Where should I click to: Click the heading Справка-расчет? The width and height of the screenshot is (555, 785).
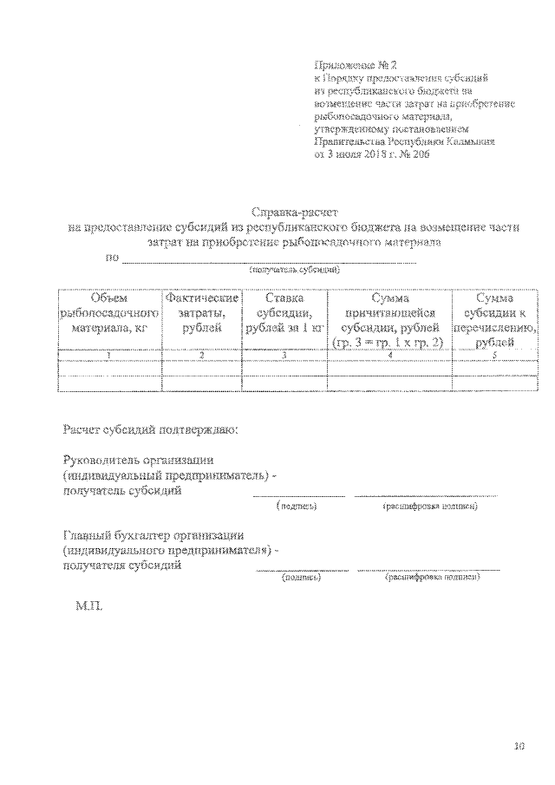[x=294, y=212]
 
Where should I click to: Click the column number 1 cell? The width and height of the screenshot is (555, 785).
[x=109, y=355]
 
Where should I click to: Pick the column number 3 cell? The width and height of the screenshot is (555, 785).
[x=284, y=355]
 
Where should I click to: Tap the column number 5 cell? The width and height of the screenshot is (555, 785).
[x=495, y=355]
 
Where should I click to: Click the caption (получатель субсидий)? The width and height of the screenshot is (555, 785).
[x=294, y=270]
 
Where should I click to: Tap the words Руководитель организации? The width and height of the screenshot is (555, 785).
[x=139, y=460]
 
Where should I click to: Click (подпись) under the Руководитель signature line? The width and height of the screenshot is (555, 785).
[x=297, y=506]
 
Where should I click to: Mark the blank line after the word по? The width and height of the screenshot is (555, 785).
[x=269, y=259]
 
